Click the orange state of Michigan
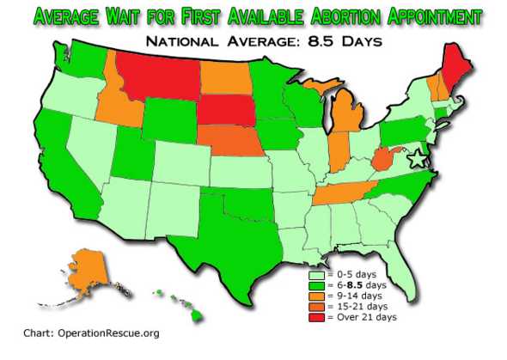pyautogui.click(x=344, y=120)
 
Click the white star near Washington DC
pyautogui.click(x=417, y=159)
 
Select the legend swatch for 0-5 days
pyautogui.click(x=315, y=274)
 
